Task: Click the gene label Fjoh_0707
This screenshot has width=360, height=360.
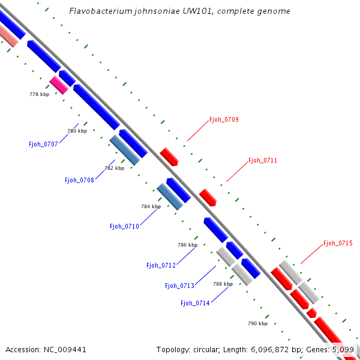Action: pos(43,144)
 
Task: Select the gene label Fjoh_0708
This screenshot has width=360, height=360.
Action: pos(79,180)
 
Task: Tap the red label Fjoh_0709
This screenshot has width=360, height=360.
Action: pos(224,120)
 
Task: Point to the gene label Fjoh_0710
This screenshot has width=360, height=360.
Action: pos(124,226)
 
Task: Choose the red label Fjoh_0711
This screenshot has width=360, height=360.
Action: pos(263,161)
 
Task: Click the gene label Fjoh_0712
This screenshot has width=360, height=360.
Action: pos(161,265)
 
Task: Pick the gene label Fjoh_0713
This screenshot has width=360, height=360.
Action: pos(179,286)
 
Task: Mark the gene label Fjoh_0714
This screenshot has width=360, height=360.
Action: pos(195,303)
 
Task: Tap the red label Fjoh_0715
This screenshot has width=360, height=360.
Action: pos(338,243)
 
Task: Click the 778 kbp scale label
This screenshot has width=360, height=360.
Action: pos(39,94)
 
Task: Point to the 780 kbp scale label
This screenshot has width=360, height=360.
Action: pos(77,131)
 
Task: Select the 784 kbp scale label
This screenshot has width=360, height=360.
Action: pos(151,206)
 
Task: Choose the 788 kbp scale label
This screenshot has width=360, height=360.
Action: pos(223,284)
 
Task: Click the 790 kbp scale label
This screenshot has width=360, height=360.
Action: pos(257,323)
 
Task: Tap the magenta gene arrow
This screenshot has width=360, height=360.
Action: pos(59,85)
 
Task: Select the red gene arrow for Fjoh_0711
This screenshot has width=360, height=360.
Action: pos(208,197)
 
